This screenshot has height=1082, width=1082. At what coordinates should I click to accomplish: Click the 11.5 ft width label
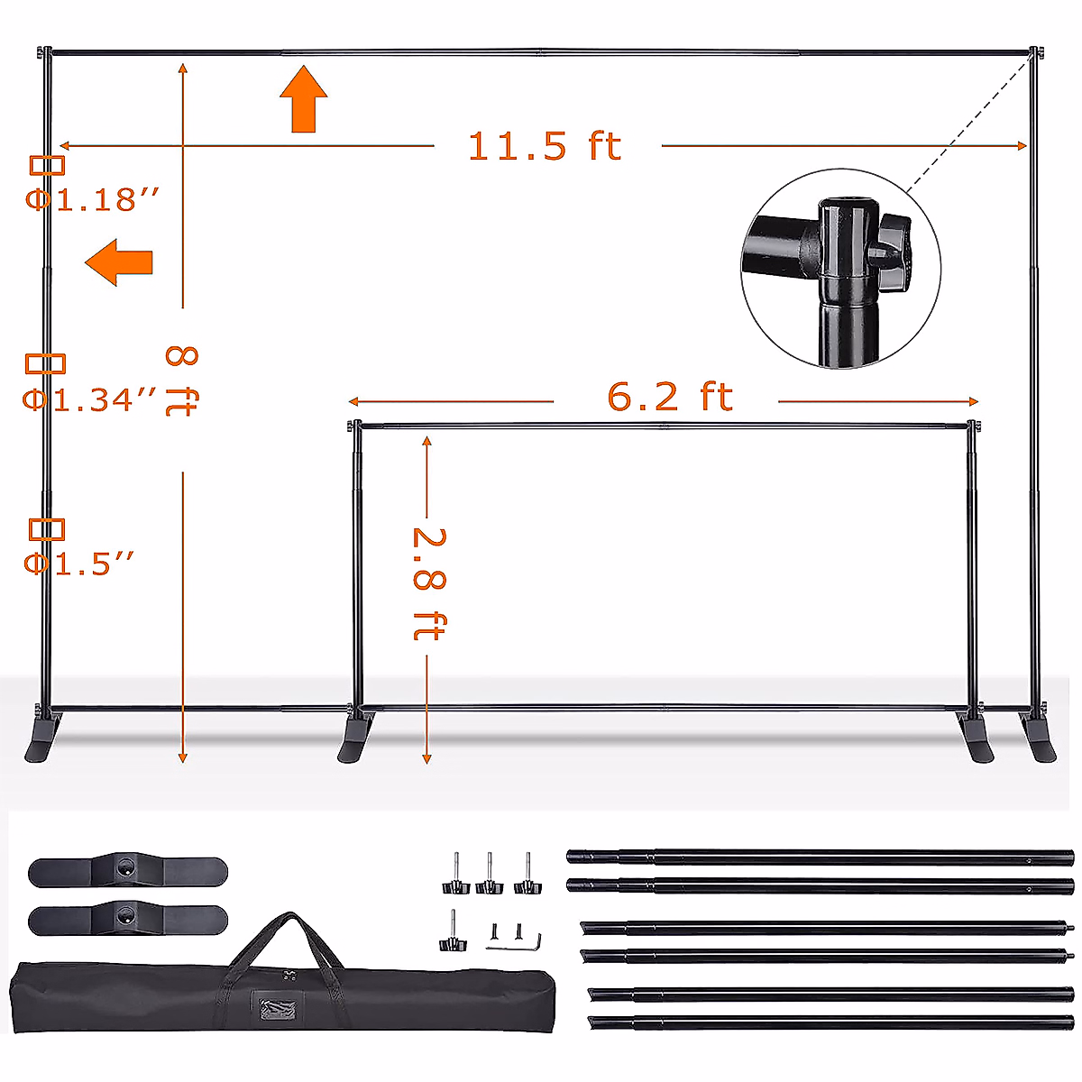coord(544,146)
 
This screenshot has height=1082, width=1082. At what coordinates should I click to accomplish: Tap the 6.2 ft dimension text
coord(669,397)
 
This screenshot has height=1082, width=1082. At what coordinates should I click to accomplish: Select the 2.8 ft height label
coord(429,584)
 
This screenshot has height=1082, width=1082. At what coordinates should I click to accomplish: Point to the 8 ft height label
coord(182,381)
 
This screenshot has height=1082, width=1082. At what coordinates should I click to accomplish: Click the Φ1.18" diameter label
coord(93,199)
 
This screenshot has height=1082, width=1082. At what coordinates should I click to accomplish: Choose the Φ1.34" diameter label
coord(90,399)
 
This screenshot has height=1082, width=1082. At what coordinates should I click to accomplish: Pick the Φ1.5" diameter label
coord(79,564)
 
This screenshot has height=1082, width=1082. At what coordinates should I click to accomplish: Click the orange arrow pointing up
coord(304,99)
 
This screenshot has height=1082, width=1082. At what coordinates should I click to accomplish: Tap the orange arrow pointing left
coord(119,262)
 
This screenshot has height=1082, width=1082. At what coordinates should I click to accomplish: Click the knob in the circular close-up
coord(892,252)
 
